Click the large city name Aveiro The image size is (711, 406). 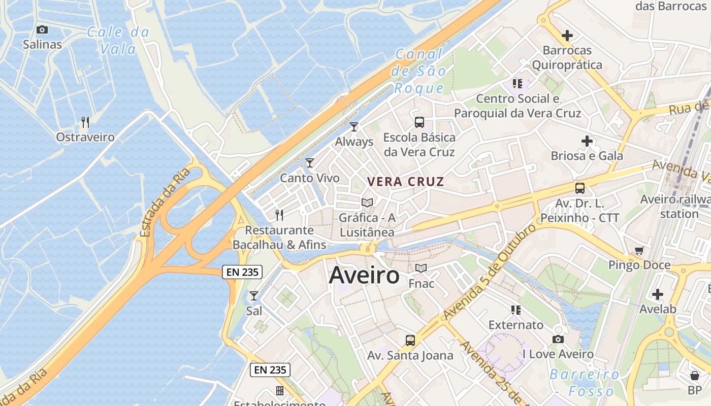[364, 276]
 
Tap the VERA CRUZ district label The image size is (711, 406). [405, 182]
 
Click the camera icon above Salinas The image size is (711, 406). [42, 30]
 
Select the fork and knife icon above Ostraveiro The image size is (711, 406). [85, 122]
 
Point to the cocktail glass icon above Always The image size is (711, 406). [354, 126]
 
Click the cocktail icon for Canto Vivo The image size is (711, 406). [310, 163]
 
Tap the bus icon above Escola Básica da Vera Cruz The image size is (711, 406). [419, 122]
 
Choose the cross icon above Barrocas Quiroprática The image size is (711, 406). [567, 36]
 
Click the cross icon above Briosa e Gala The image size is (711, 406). [587, 141]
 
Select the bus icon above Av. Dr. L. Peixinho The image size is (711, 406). [579, 188]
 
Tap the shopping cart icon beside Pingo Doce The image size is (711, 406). [639, 250]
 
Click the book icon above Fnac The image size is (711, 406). [421, 268]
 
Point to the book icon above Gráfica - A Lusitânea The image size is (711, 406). [367, 202]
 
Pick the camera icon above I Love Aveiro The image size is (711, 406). [558, 339]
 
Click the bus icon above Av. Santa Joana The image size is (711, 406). [410, 340]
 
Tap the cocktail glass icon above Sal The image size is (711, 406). [254, 295]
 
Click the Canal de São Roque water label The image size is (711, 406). [419, 71]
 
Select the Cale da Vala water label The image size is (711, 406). [118, 41]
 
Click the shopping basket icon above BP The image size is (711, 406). [694, 376]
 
